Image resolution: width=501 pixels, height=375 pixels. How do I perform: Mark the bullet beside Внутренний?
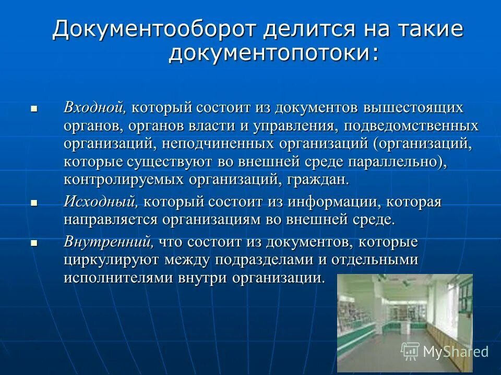34,243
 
